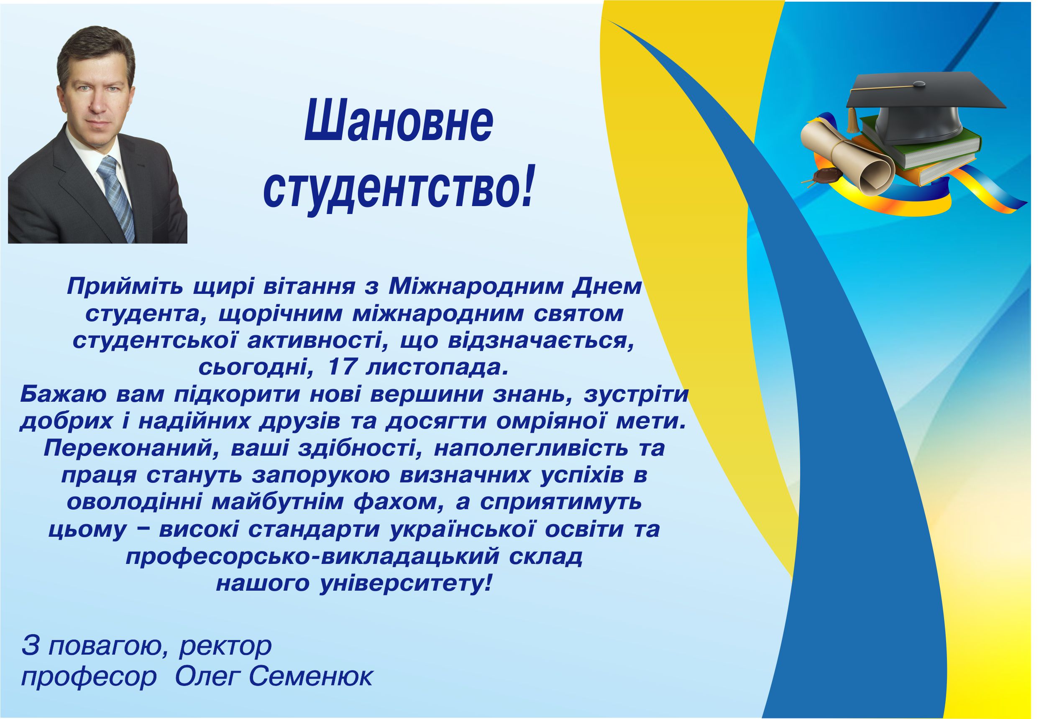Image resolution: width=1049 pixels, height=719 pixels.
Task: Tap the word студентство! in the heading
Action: pyautogui.click(x=398, y=185)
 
